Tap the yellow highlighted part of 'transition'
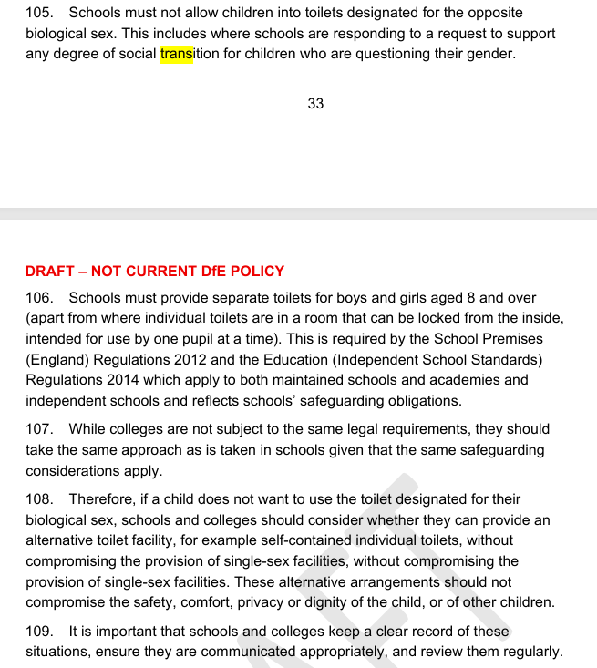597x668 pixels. coord(177,54)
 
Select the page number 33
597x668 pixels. coord(315,104)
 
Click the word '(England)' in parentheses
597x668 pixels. coord(57,359)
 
